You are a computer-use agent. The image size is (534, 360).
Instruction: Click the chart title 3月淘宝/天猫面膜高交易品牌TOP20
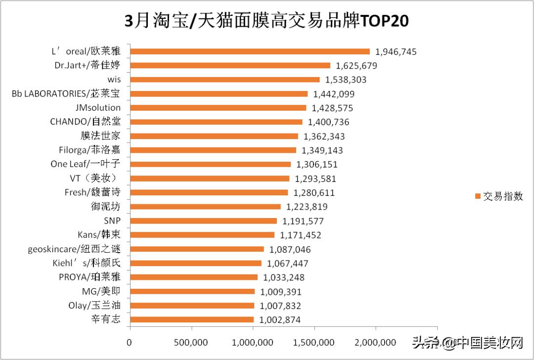click(267, 21)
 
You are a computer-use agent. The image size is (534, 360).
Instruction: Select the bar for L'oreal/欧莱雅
click(250, 51)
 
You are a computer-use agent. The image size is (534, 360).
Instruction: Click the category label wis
click(113, 80)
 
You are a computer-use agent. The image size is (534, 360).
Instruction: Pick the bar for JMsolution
click(218, 108)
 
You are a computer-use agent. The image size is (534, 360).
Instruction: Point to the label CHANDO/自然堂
click(85, 122)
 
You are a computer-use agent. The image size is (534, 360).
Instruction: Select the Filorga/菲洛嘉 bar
click(213, 150)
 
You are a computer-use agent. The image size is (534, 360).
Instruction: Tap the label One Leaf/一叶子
click(85, 164)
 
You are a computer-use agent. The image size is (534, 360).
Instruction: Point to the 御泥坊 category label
click(105, 207)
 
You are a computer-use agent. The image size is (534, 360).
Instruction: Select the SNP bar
click(203, 221)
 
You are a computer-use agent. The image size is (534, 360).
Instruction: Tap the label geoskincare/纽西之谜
click(74, 249)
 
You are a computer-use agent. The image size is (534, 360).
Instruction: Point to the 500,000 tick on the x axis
click(191, 342)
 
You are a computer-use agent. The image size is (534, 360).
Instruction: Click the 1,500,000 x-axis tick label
click(314, 342)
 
